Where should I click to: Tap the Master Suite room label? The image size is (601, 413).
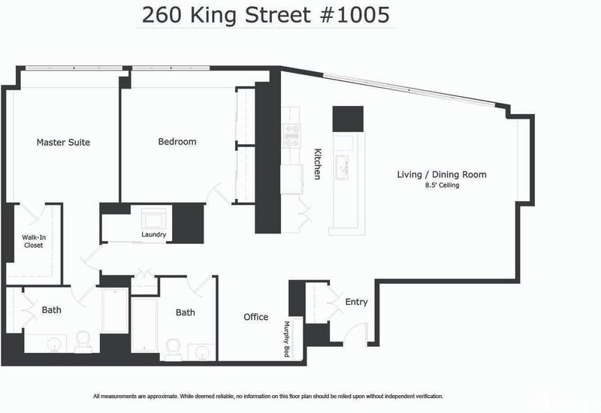point(63,142)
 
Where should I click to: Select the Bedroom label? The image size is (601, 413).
point(177,141)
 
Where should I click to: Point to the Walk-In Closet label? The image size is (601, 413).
point(33,241)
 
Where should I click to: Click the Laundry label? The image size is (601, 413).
point(154,234)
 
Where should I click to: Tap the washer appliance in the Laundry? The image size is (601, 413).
point(154,219)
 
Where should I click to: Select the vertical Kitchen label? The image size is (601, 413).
point(317,164)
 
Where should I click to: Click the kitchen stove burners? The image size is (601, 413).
point(291,136)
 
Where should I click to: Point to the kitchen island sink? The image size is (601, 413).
point(343,167)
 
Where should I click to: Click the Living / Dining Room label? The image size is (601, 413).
point(442,175)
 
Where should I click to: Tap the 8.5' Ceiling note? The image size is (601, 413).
point(442,185)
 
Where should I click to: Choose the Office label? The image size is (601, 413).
point(255,317)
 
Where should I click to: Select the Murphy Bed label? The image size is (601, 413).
point(286,339)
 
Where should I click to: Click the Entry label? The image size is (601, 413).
point(356,302)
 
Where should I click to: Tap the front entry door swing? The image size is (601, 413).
point(355,333)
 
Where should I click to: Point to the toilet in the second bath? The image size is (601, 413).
point(174,349)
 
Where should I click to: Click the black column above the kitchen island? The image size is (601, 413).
point(348,119)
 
